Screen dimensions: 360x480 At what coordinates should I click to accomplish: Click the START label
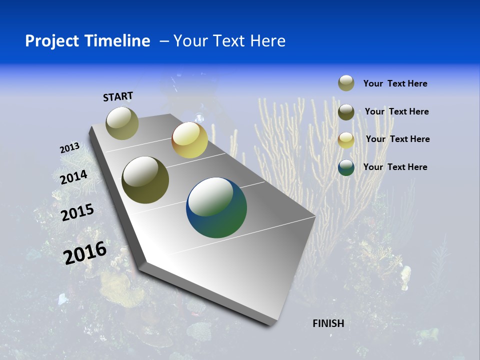(118, 96)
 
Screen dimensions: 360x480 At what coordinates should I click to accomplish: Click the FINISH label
(328, 323)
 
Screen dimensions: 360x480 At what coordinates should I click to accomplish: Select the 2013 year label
(69, 148)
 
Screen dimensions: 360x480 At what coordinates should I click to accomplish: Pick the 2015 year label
(77, 212)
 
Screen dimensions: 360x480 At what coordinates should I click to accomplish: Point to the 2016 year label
(85, 253)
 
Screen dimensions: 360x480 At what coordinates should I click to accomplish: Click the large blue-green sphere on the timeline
(216, 207)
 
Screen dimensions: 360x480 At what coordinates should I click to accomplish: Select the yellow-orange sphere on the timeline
(189, 140)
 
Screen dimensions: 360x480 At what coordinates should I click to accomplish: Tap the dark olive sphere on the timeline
(145, 180)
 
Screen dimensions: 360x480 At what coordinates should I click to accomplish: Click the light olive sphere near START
(122, 123)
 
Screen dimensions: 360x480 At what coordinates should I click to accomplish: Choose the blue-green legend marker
(346, 167)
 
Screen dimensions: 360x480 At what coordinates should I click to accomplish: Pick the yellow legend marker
(346, 140)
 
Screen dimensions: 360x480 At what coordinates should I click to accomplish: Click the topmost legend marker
(346, 83)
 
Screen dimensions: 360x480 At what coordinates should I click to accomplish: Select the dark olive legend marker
(346, 112)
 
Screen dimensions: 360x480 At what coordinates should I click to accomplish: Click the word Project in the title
(51, 41)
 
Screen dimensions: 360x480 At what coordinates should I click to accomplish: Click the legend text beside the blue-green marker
(395, 167)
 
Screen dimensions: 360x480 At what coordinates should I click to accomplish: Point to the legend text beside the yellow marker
(398, 139)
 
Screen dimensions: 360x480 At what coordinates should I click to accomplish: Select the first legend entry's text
(395, 83)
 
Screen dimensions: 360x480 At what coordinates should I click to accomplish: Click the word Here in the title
(267, 41)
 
